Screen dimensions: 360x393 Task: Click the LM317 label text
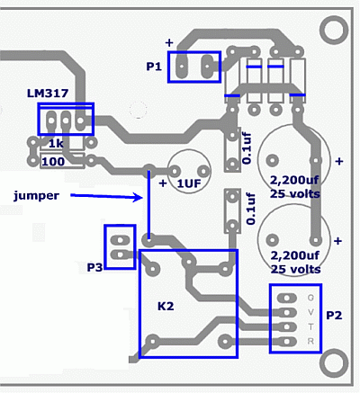click(x=48, y=94)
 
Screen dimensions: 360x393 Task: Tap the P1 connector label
click(x=154, y=67)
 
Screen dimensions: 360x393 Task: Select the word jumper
click(x=36, y=196)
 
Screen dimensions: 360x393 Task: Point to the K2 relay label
click(x=166, y=307)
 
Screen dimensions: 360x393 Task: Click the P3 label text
click(x=94, y=267)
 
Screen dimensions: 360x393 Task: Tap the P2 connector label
click(x=334, y=316)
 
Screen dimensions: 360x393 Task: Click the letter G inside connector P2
click(x=310, y=298)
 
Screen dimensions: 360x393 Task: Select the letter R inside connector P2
click(x=310, y=341)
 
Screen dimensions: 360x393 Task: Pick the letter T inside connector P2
click(x=310, y=326)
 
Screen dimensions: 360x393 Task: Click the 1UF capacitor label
click(x=189, y=183)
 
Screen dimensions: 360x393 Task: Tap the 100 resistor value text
click(x=53, y=162)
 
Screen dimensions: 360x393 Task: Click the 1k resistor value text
click(x=56, y=144)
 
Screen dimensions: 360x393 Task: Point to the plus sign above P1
click(x=169, y=43)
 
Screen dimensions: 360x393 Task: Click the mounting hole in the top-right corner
click(x=334, y=30)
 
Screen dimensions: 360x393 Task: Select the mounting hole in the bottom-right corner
click(x=334, y=363)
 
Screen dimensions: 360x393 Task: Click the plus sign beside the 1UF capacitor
click(x=163, y=183)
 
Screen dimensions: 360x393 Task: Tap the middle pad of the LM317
click(x=66, y=121)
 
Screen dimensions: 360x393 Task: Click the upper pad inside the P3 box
click(x=121, y=240)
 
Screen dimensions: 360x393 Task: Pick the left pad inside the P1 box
click(x=182, y=67)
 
